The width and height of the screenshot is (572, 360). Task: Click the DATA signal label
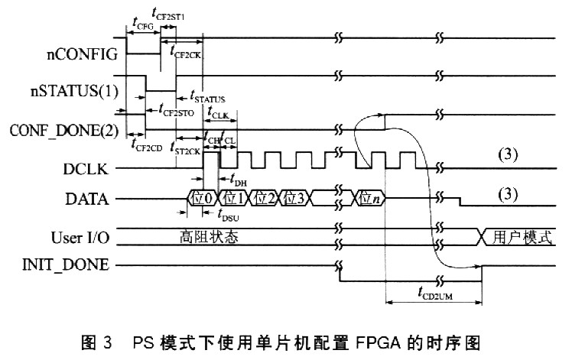(x=90, y=200)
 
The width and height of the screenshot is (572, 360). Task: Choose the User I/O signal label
(x=80, y=236)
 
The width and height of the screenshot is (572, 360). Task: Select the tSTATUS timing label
(x=206, y=98)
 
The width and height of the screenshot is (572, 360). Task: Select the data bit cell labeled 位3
(x=295, y=199)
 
